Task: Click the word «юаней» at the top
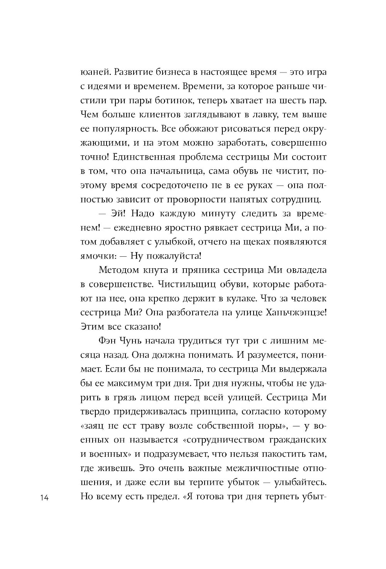coord(93,72)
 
